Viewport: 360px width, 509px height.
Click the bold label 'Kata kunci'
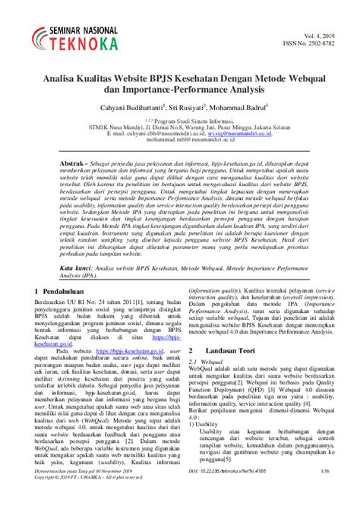79,290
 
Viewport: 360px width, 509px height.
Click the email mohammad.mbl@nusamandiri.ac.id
180,141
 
